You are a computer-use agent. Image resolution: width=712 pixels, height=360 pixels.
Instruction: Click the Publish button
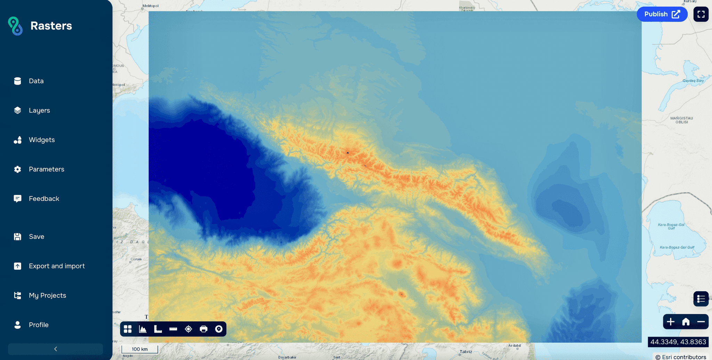coord(662,14)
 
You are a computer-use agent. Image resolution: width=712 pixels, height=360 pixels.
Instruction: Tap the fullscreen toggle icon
coord(701,14)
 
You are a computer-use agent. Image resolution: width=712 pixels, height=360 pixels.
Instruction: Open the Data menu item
coord(36,81)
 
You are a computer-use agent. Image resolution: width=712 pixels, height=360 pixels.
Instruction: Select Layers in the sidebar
coord(39,111)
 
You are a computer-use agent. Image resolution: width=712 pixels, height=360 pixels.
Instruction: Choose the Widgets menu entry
coord(42,140)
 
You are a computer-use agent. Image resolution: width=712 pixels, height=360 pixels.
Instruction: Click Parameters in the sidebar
coord(46,169)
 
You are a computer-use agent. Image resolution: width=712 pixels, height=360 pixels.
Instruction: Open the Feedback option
coord(44,199)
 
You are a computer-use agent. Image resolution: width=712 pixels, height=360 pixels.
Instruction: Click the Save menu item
coord(37,237)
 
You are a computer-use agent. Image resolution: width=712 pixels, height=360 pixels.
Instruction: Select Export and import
coord(57,266)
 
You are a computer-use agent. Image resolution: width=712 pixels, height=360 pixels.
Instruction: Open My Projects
coord(47,295)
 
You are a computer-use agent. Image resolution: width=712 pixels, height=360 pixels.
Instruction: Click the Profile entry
coord(39,325)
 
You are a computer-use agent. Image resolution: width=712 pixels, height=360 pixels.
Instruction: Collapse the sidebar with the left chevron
coord(56,349)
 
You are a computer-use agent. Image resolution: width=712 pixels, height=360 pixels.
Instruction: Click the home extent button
coord(686,322)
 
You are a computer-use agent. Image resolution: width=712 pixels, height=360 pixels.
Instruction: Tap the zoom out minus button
coord(701,322)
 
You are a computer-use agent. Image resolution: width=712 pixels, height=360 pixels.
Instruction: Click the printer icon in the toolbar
coord(204,329)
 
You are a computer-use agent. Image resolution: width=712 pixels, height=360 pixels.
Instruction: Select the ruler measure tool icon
coord(173,329)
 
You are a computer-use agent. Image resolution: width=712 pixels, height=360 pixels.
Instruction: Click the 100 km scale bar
coord(139,349)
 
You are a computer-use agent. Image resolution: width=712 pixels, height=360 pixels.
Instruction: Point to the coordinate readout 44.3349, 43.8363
coord(678,342)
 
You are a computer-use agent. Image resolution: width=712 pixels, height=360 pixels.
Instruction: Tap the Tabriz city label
coord(466,352)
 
